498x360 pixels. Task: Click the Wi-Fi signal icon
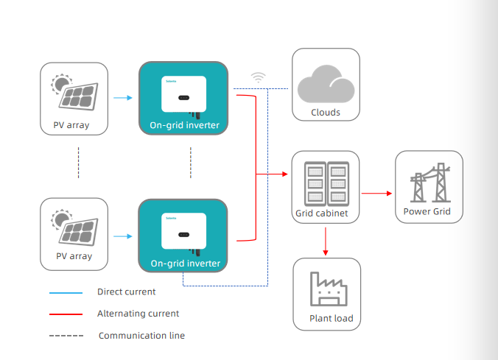coord(258,76)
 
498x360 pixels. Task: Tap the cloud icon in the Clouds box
coord(326,83)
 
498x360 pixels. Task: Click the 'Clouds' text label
coord(326,113)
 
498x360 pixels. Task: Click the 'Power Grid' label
coord(429,212)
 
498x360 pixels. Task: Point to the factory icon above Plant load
coord(326,289)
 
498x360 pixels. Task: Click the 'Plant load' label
coord(332,319)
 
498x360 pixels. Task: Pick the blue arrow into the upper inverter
coord(123,96)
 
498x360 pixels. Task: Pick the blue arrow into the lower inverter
coord(123,236)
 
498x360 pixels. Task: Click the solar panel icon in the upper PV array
coord(76,93)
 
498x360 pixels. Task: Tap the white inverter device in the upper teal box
coord(183,94)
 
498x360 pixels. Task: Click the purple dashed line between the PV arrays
coord(78,163)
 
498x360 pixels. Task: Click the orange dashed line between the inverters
coord(190,163)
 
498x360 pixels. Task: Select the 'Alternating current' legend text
coord(138,314)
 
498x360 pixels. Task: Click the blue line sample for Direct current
coord(66,292)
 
